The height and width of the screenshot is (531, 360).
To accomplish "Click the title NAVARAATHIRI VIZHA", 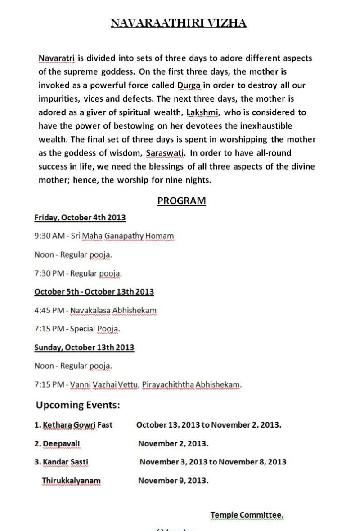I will tap(179, 23).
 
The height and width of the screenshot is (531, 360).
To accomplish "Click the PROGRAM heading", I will tap(181, 201).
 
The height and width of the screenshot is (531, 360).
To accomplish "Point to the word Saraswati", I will tap(165, 153).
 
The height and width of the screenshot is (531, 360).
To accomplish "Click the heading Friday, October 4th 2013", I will tap(80, 218).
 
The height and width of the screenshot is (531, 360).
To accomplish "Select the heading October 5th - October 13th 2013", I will tap(94, 292).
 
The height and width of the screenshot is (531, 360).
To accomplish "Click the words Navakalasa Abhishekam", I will tap(113, 310).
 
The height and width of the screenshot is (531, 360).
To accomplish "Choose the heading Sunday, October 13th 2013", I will tap(84, 348).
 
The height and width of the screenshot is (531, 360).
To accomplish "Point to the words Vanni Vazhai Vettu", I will tap(104, 385).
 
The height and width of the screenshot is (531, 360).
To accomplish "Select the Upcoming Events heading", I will tap(78, 405).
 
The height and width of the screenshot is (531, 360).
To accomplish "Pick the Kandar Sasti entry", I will tap(65, 462).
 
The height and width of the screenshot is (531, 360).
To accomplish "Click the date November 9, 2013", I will tap(173, 481).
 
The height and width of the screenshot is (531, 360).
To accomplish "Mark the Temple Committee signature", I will tap(247, 515).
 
